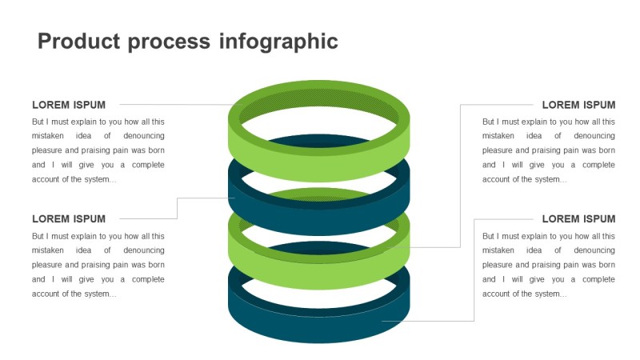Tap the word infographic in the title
[279, 42]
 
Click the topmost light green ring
[320, 164]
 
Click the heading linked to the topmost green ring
[69, 105]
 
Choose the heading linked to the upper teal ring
[69, 219]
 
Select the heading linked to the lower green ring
[578, 105]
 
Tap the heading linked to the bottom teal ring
[578, 219]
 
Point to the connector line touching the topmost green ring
[176, 105]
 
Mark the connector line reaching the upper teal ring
[177, 208]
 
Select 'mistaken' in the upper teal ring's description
[49, 250]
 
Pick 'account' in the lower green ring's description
[498, 179]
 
